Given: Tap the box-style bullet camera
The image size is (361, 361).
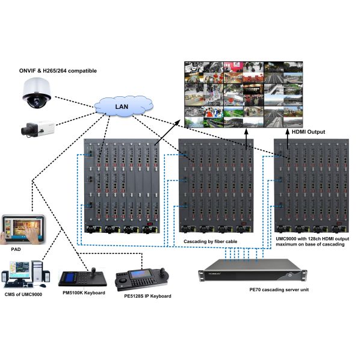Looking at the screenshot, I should pos(37,128).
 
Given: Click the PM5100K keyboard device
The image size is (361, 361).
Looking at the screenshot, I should pos(82,279).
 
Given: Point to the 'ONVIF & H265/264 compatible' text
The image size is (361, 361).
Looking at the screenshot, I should pos(58,71).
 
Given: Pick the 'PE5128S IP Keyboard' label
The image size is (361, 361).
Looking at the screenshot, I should pos(146,296).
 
